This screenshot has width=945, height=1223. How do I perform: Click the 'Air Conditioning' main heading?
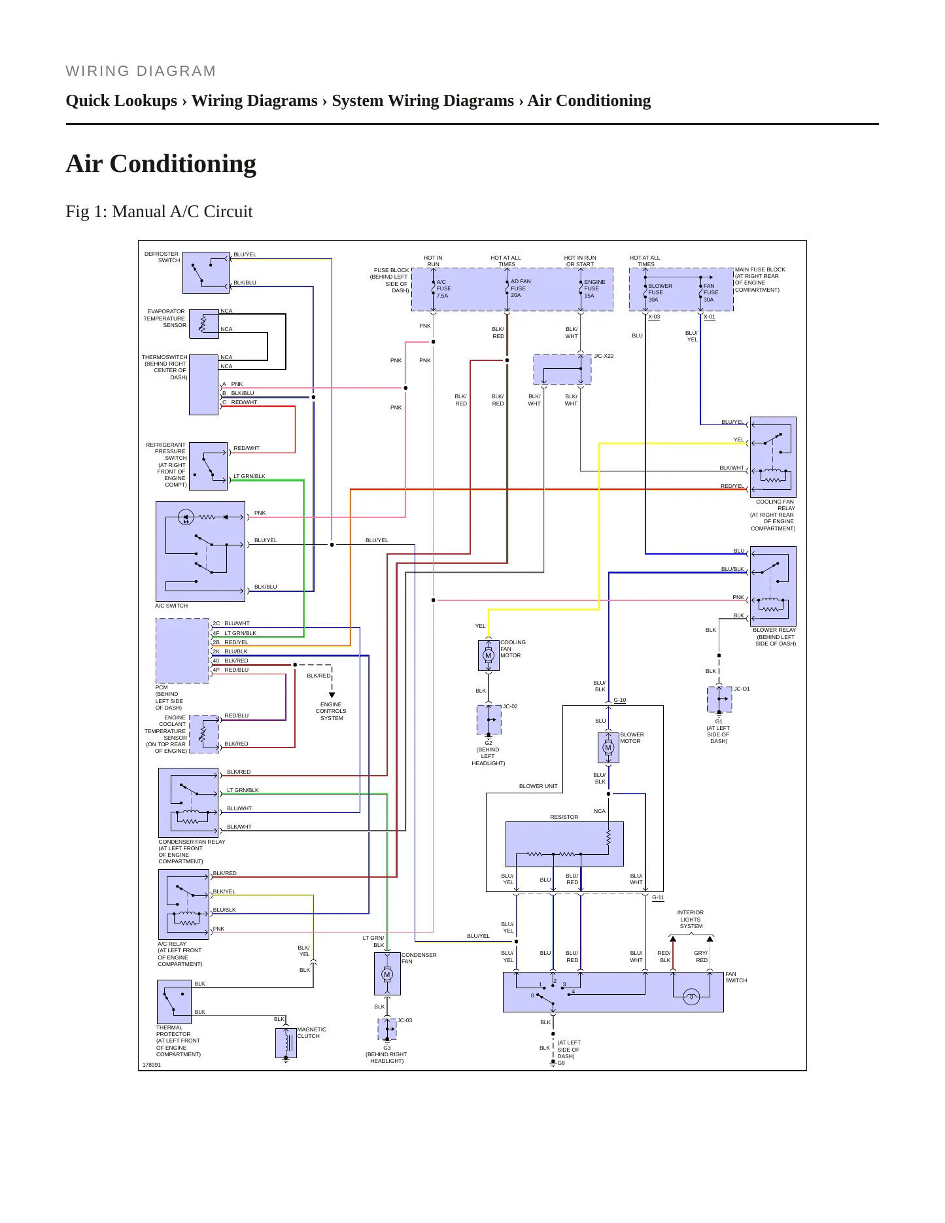click(161, 164)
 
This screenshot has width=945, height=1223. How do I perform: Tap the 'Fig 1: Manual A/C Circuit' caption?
click(159, 211)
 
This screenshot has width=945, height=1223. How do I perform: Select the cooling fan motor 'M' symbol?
click(488, 655)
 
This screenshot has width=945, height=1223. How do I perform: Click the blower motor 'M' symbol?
click(608, 748)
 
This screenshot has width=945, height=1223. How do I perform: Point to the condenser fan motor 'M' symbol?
click(387, 974)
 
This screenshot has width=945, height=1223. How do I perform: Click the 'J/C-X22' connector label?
click(604, 356)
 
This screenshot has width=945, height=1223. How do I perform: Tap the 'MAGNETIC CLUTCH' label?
click(312, 1033)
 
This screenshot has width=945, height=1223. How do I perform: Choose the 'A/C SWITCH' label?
click(171, 606)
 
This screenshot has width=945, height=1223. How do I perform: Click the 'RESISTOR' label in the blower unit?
click(564, 817)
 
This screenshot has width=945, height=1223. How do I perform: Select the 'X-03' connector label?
click(654, 317)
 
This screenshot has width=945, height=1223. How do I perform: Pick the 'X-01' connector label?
click(710, 317)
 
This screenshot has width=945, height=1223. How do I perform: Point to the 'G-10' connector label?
click(620, 700)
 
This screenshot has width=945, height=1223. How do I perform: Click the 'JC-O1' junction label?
click(742, 689)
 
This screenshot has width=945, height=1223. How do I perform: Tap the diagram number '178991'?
click(152, 1065)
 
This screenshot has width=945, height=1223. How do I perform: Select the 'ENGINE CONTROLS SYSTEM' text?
click(331, 711)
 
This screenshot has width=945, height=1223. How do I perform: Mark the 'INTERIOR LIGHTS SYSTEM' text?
click(691, 919)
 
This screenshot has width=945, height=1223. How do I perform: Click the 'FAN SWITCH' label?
click(736, 977)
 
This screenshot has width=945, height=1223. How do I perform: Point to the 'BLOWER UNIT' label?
click(538, 786)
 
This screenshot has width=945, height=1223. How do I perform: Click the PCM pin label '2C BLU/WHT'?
click(231, 623)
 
